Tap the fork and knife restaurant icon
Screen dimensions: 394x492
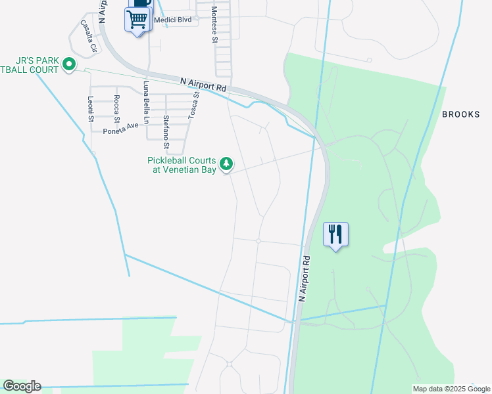pyautogui.click(x=335, y=234)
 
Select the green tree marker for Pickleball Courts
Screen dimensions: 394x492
pyautogui.click(x=226, y=163)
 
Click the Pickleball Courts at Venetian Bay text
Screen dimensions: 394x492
pyautogui.click(x=182, y=165)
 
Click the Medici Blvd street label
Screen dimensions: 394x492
pyautogui.click(x=172, y=20)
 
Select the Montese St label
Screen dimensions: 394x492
pyautogui.click(x=214, y=25)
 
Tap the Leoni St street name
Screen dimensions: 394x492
pyautogui.click(x=91, y=108)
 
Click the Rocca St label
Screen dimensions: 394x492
pyautogui.click(x=116, y=108)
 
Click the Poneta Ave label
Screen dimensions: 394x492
pyautogui.click(x=121, y=128)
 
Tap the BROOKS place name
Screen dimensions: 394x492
pyautogui.click(x=460, y=114)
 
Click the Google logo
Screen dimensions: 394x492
pyautogui.click(x=22, y=386)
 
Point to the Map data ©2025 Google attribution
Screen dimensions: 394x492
pyautogui.click(x=451, y=389)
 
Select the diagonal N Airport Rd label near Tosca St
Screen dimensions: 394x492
pyautogui.click(x=203, y=83)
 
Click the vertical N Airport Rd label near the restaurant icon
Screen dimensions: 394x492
pyautogui.click(x=304, y=278)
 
